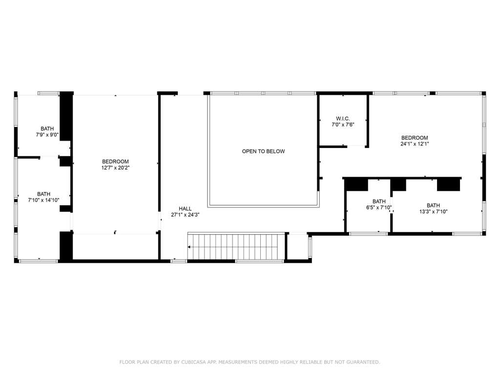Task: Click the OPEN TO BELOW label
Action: [x=263, y=151]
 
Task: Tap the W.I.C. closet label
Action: [x=343, y=119]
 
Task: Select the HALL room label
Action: [x=185, y=208]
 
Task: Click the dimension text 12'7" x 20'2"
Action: [x=115, y=168]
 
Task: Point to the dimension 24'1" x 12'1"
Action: [x=415, y=144]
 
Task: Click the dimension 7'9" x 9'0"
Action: [x=47, y=135]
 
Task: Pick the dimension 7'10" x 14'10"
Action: [x=43, y=200]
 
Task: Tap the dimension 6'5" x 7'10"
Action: [x=379, y=208]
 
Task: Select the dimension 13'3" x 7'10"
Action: [x=434, y=211]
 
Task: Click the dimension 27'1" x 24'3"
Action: [x=185, y=215]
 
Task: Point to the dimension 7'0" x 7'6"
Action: [x=343, y=125]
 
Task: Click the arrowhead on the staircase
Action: [x=189, y=247]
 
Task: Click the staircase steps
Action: [x=236, y=247]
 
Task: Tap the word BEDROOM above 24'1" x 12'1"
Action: [x=415, y=138]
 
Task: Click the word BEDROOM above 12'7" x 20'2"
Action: [x=115, y=162]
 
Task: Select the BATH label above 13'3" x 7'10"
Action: [x=434, y=206]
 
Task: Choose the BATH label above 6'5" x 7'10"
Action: [x=379, y=202]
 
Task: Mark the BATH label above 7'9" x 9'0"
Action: [x=47, y=128]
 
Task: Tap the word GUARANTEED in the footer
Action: [x=363, y=362]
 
